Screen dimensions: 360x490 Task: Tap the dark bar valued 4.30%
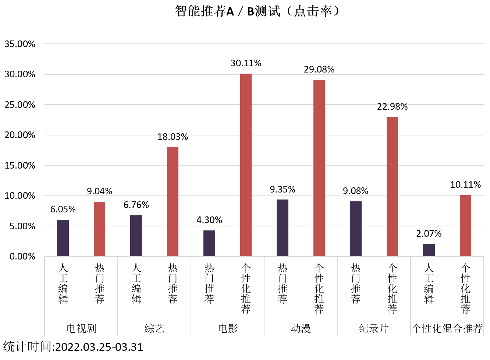(209, 243)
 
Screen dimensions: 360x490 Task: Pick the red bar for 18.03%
(173, 201)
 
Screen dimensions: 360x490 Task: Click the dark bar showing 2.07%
(429, 250)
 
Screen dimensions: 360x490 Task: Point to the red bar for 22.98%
(392, 187)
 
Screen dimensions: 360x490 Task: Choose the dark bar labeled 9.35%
(283, 228)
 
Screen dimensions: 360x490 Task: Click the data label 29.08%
(319, 70)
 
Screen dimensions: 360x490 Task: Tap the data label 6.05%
(63, 209)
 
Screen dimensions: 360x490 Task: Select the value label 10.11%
(465, 185)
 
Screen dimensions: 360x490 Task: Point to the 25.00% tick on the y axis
(20, 105)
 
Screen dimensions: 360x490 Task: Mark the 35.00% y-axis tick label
(20, 44)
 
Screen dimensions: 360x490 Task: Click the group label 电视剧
(81, 328)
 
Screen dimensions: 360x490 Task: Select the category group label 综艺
(154, 328)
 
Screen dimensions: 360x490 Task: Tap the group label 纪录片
(374, 328)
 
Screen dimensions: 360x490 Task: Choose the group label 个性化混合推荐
(447, 328)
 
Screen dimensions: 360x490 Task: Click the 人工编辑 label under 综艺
(136, 283)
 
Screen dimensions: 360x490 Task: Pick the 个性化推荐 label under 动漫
(319, 289)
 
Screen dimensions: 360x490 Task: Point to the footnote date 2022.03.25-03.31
(99, 347)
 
